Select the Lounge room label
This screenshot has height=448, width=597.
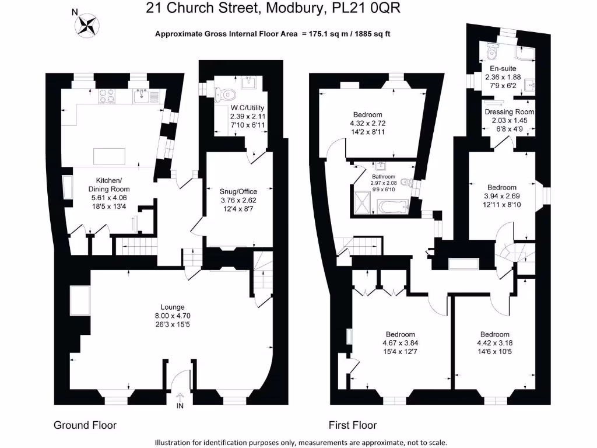click(173, 307)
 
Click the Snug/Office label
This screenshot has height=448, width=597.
click(238, 191)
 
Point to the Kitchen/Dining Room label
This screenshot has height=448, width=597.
click(108, 185)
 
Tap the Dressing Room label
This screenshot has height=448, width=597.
click(510, 111)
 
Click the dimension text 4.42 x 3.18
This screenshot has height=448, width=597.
click(495, 343)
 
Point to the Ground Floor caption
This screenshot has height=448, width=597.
click(85, 425)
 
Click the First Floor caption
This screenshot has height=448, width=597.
click(352, 425)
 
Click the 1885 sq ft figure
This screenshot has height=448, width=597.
click(370, 34)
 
